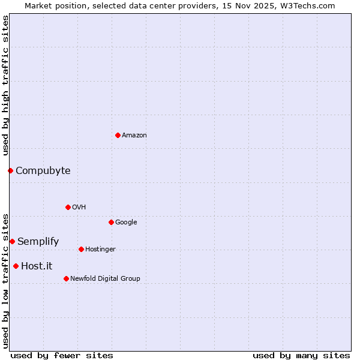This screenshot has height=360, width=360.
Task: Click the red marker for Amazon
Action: click(x=118, y=135)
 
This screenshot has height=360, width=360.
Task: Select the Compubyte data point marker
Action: click(x=10, y=170)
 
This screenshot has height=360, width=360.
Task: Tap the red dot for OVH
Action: click(x=68, y=207)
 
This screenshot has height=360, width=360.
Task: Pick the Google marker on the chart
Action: click(x=111, y=222)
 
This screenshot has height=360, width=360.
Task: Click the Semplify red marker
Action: click(x=12, y=241)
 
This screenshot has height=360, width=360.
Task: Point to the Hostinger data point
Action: click(x=81, y=249)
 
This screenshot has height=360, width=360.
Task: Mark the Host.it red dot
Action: click(x=16, y=266)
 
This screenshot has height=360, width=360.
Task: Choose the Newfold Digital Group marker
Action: click(x=66, y=278)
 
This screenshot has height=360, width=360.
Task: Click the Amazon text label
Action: click(x=134, y=135)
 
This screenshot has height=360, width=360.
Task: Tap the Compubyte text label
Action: click(x=43, y=170)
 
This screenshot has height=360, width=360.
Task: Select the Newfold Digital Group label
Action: click(x=105, y=278)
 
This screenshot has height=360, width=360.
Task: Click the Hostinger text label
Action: click(x=100, y=249)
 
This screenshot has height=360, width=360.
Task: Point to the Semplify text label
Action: click(x=38, y=241)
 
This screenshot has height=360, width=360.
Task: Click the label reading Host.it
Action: click(x=37, y=266)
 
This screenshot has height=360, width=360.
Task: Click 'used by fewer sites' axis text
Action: click(x=62, y=355)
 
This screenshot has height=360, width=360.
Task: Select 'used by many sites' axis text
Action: click(x=301, y=355)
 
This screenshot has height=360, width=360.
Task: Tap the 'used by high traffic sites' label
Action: click(x=5, y=85)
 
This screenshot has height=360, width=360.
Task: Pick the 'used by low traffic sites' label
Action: click(x=5, y=280)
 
